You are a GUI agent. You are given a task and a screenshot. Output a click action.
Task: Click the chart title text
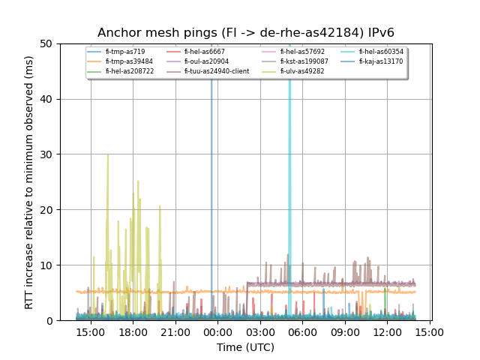(x=246, y=32)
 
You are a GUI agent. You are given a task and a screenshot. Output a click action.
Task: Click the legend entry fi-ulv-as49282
(x=291, y=71)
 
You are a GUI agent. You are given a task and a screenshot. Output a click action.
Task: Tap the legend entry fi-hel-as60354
(x=381, y=52)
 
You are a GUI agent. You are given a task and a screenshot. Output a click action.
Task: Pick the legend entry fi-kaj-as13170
(x=381, y=61)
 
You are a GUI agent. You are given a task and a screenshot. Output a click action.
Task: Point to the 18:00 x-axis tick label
(x=133, y=331)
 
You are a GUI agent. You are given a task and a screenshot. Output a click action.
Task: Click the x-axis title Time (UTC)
(x=246, y=347)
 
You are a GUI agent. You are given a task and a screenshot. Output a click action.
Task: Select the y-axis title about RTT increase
(x=29, y=182)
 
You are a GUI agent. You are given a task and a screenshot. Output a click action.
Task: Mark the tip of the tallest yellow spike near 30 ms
(x=108, y=154)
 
